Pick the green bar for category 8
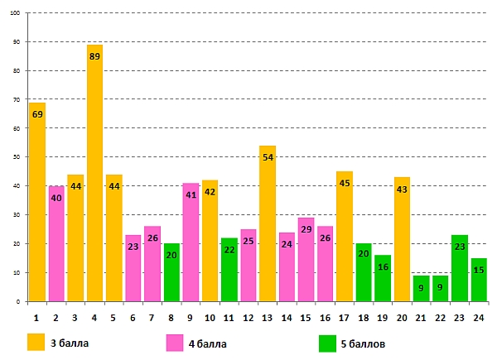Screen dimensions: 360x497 click(171, 273)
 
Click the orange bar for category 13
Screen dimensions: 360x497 click(268, 223)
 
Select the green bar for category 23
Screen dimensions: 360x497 click(460, 269)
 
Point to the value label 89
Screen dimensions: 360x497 click(94, 55)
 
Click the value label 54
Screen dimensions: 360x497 click(268, 156)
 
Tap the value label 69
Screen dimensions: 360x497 click(37, 113)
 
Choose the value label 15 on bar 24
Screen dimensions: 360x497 click(479, 270)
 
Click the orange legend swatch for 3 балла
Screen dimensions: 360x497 click(36, 341)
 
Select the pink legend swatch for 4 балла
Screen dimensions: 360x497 click(175, 341)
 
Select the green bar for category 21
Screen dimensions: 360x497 click(422, 289)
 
